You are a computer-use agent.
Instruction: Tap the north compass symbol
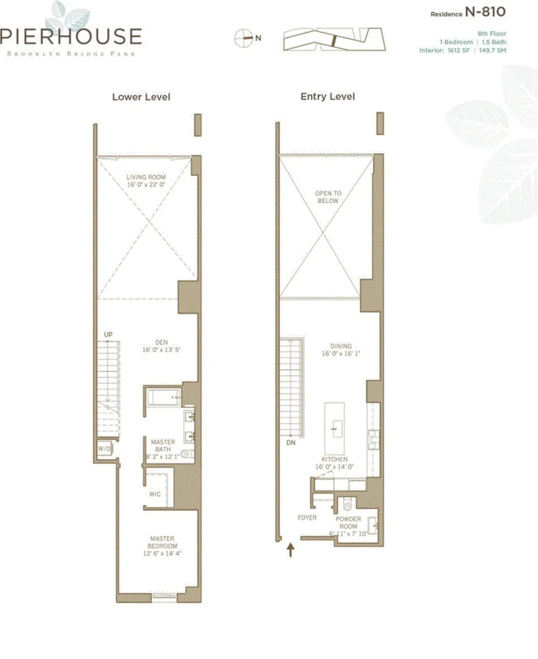[x=243, y=38]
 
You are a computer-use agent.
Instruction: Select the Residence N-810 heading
[x=468, y=12]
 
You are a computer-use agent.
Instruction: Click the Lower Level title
[x=141, y=97]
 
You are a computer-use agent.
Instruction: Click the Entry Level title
[x=328, y=96]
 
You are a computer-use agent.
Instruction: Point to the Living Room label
[x=146, y=177]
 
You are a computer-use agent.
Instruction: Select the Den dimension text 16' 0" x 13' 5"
[x=161, y=350]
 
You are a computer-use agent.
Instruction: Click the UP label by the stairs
[x=108, y=334]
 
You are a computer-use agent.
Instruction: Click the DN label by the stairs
[x=291, y=442]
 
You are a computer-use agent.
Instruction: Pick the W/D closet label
[x=104, y=448]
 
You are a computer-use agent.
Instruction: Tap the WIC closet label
[x=155, y=494]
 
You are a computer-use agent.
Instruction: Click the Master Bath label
[x=163, y=446]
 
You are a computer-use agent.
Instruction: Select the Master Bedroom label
[x=162, y=542]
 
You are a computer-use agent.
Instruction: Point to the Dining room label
[x=341, y=346]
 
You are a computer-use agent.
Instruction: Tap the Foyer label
[x=307, y=517]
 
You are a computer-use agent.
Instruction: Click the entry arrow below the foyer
[x=291, y=549]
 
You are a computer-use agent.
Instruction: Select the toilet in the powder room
[x=347, y=505]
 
